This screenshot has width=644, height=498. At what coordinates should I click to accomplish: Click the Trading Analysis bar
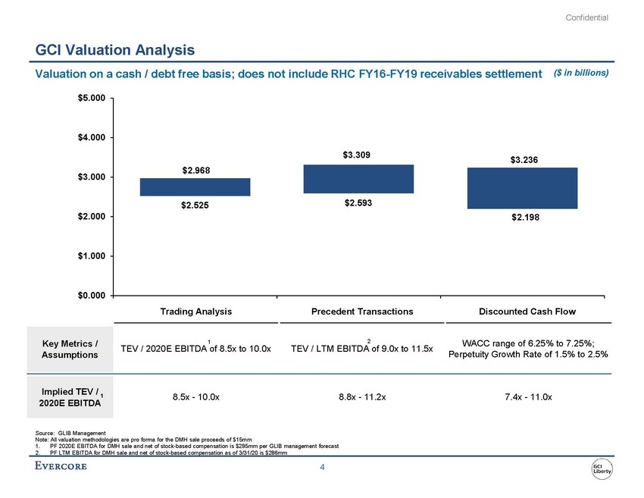pos(195,187)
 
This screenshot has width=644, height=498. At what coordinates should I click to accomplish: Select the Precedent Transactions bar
pos(358,179)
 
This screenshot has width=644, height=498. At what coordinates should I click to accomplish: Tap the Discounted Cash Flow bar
pos(522,188)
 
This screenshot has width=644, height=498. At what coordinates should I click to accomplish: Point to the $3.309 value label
pos(358,156)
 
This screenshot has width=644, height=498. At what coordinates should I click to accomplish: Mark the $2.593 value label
pos(358,203)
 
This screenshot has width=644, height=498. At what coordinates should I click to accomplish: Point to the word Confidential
pos(587,17)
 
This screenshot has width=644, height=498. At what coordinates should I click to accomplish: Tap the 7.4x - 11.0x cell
pos(522,396)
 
